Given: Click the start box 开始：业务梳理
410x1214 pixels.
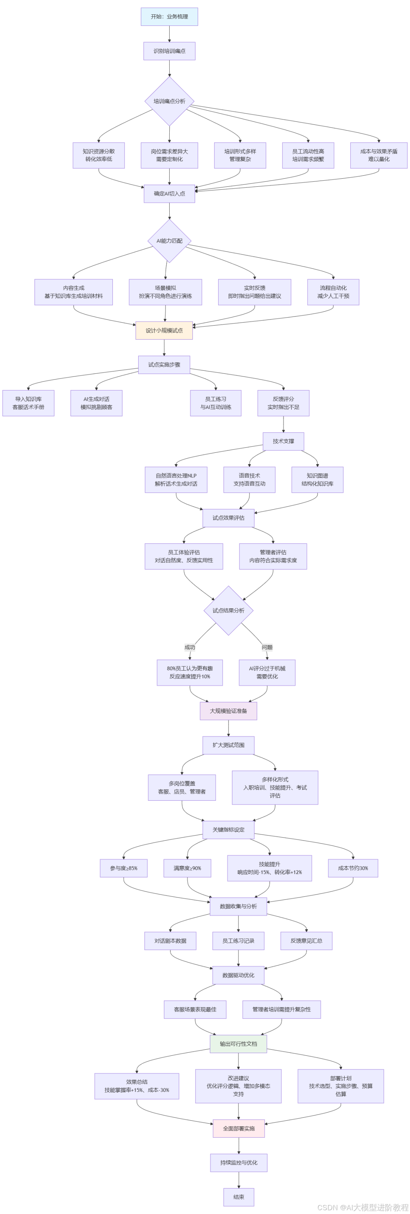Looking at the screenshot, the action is [169, 16].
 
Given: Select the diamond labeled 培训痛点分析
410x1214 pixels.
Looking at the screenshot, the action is [169, 101].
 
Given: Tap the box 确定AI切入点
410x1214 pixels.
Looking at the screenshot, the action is [169, 194].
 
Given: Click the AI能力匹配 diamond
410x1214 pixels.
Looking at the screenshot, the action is [169, 241].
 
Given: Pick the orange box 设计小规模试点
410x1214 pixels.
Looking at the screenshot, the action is [164, 331].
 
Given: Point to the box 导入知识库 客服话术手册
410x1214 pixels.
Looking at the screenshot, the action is [28, 403].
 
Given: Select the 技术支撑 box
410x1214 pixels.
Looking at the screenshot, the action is [283, 441].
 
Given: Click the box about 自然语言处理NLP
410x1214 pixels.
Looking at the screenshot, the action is [176, 480].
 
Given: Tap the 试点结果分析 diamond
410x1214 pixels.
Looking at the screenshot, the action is [228, 611].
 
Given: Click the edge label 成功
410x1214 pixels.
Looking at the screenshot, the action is [190, 647].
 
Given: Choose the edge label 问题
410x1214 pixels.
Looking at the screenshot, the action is [267, 647].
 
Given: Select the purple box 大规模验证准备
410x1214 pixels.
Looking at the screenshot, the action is [229, 711].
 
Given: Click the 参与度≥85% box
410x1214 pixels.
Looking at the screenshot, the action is [123, 868].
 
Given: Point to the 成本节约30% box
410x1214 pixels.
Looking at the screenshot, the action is [353, 868].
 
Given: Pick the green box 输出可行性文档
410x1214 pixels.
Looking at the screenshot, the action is [238, 1044].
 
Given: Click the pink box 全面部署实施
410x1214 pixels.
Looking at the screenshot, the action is [239, 1129].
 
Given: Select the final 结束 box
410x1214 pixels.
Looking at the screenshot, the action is [239, 1197].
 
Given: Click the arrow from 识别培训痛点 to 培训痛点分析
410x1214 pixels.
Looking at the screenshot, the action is [169, 68].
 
